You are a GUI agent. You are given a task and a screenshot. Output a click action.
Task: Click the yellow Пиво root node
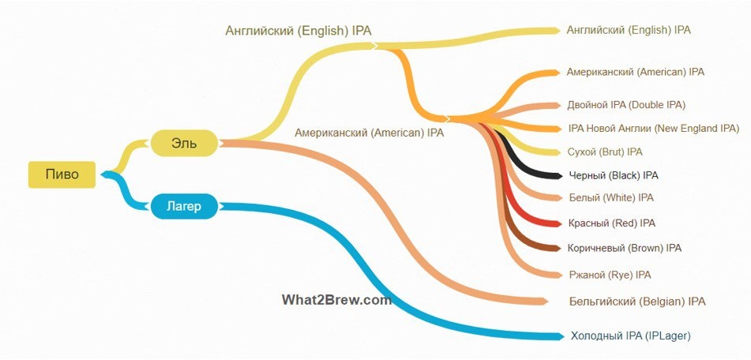(62, 174)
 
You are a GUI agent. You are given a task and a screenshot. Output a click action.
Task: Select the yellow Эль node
(184, 143)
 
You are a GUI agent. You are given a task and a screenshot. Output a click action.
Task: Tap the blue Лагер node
(183, 207)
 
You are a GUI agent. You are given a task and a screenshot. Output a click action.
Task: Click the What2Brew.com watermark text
(336, 300)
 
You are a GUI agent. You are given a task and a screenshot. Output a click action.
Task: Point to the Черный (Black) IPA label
(613, 175)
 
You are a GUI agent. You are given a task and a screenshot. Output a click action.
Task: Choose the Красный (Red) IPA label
(611, 223)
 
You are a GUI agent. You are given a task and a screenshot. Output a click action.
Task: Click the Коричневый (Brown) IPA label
(624, 248)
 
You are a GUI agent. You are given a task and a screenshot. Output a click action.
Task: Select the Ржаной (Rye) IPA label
(610, 275)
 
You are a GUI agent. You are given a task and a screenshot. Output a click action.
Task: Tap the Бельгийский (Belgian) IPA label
(636, 302)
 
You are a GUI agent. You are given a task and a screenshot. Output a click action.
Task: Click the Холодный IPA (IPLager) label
(630, 336)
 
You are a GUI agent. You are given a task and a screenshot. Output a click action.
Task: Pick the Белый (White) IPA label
(610, 197)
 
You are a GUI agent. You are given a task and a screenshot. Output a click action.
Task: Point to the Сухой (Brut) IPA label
(605, 152)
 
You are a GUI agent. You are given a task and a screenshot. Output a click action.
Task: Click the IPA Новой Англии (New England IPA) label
(653, 128)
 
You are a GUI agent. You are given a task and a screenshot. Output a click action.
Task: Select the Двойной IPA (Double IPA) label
(625, 104)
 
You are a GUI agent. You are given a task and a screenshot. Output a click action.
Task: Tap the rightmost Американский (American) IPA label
(635, 72)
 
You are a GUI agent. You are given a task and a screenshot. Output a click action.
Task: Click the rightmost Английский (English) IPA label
(629, 30)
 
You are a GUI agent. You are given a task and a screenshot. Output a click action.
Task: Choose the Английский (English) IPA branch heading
(298, 31)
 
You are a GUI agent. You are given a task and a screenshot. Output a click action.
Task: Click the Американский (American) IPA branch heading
(369, 133)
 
